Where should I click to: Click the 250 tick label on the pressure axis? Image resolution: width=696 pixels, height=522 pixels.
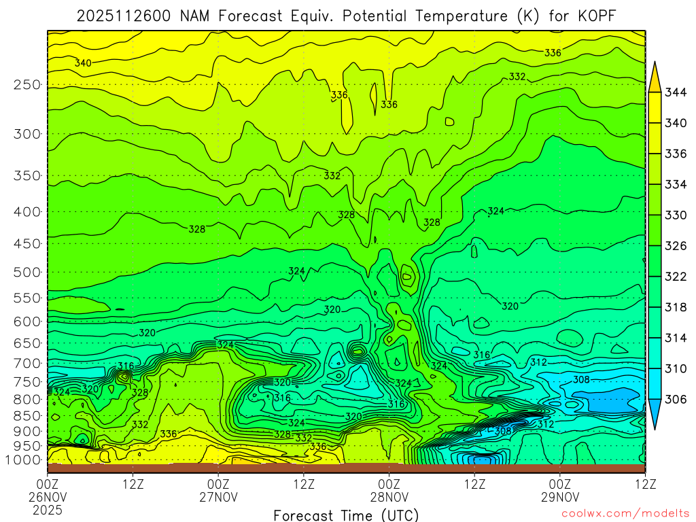pyautogui.click(x=27, y=85)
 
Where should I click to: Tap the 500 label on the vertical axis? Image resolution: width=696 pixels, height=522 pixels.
pyautogui.click(x=27, y=273)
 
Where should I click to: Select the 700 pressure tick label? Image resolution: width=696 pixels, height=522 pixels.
pyautogui.click(x=27, y=362)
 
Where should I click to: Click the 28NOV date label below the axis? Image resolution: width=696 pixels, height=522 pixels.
pyautogui.click(x=389, y=497)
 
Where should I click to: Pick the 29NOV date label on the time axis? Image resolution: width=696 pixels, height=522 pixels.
pyautogui.click(x=560, y=497)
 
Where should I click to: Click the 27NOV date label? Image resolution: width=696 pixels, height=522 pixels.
pyautogui.click(x=218, y=497)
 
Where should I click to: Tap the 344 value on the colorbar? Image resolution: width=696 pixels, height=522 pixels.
pyautogui.click(x=675, y=92)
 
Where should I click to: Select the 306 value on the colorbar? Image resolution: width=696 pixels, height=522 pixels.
pyautogui.click(x=675, y=400)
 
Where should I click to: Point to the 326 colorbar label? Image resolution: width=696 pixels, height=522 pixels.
pyautogui.click(x=675, y=245)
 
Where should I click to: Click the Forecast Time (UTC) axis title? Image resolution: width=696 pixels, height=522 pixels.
pyautogui.click(x=346, y=515)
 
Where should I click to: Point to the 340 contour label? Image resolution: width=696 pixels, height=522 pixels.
pyautogui.click(x=83, y=63)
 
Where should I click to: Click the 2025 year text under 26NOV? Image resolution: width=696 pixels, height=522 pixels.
pyautogui.click(x=47, y=509)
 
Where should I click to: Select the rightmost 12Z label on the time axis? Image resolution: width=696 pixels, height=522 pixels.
pyautogui.click(x=645, y=484)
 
